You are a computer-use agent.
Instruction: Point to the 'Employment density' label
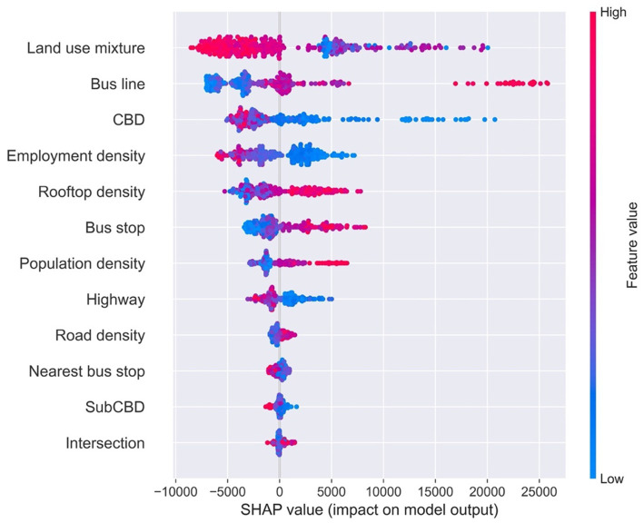[75, 155]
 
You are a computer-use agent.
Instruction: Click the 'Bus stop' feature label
[115, 227]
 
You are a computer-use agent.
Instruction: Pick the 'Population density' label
[82, 263]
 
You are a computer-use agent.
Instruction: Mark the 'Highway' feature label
[115, 299]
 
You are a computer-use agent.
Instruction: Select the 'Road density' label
[100, 335]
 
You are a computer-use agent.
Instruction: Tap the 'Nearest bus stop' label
[87, 371]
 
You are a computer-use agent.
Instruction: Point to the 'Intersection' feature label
[105, 443]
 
